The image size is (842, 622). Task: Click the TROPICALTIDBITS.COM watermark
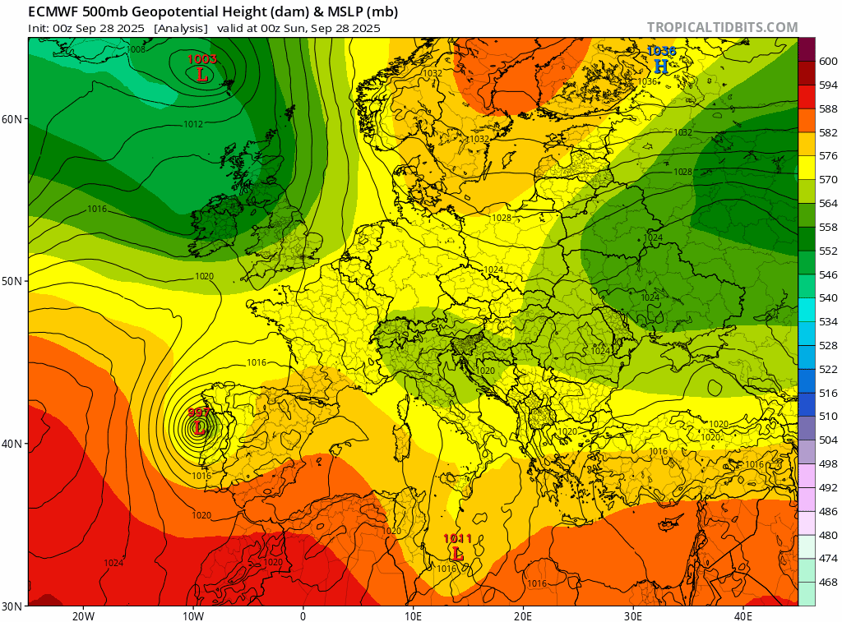[x=722, y=27]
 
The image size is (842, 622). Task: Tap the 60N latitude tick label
[x=12, y=118]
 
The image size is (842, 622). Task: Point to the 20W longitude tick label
[x=82, y=615]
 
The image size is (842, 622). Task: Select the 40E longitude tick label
[x=743, y=615]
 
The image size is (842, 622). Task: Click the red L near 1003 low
[x=201, y=75]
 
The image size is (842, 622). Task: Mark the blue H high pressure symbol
[x=661, y=66]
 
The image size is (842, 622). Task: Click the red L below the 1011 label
[x=458, y=554]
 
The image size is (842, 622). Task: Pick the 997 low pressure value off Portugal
[x=198, y=412]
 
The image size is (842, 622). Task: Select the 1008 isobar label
[x=136, y=49]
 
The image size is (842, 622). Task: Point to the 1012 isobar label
[x=193, y=124]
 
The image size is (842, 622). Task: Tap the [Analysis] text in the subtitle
[x=180, y=27]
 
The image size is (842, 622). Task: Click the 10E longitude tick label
[x=413, y=615]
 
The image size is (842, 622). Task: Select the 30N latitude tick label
[x=12, y=606]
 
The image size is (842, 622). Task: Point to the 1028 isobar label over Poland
[x=502, y=218]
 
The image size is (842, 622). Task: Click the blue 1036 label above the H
[x=661, y=51]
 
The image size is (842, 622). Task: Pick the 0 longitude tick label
[x=303, y=615]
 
